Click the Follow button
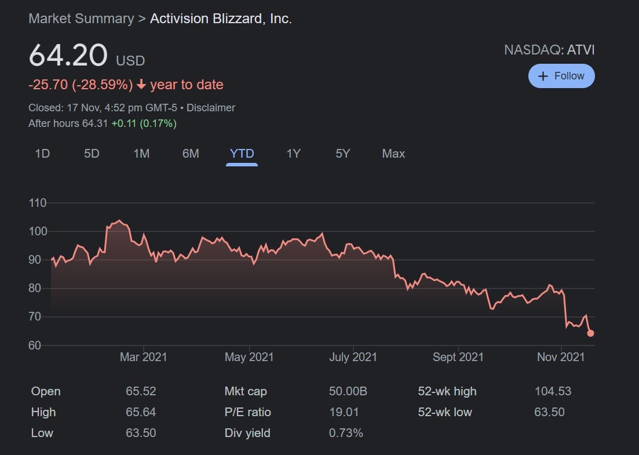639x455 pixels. [561, 76]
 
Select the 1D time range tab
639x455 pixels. [42, 154]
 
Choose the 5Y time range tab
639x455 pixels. [343, 154]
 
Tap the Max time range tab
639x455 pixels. [393, 154]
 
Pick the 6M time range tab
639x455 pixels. [191, 154]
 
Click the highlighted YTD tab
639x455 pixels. [242, 154]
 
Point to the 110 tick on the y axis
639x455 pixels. [37, 203]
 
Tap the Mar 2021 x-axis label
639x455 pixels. [143, 357]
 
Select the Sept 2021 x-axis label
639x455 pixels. [458, 357]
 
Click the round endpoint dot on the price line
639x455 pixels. [590, 333]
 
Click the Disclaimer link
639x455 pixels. [211, 108]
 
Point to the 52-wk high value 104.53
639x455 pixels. [553, 391]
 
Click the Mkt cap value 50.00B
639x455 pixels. [348, 391]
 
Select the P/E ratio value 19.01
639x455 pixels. [344, 412]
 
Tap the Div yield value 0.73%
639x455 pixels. [346, 433]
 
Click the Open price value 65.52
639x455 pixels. [141, 391]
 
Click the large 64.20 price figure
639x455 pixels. [68, 56]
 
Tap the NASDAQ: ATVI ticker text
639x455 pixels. [549, 50]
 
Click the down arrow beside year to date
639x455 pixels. [141, 85]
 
